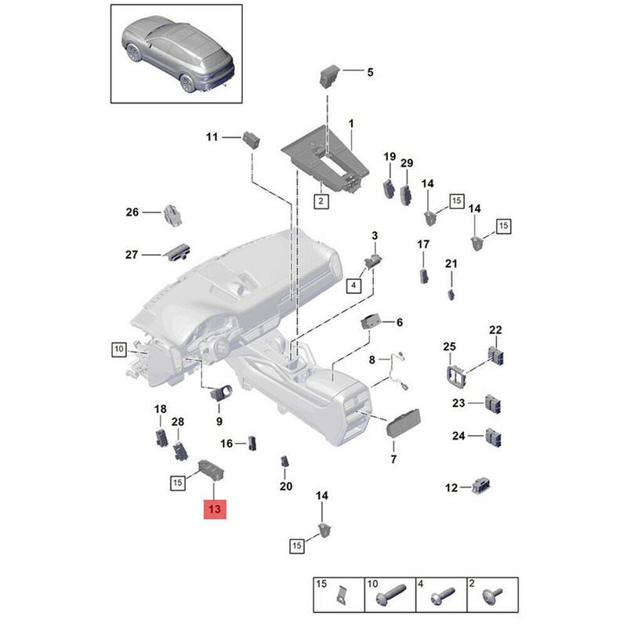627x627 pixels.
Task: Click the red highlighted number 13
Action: coord(215,509)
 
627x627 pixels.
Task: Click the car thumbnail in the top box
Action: coord(178,54)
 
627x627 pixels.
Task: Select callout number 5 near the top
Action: coord(370,72)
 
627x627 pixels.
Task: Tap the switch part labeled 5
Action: coord(330,75)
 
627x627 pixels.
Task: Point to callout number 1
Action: coord(351,124)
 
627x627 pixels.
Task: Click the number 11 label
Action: coord(212,137)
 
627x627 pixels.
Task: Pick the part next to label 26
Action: coord(172,216)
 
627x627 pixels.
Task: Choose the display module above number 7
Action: coord(404,424)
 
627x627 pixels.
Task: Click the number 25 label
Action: coord(449,346)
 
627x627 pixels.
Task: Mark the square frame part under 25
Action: coord(455,375)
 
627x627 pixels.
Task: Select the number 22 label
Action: coord(495,330)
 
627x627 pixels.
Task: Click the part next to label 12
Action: coord(481,486)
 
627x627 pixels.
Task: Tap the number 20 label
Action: coord(285,487)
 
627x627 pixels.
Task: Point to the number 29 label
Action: coord(407,163)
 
